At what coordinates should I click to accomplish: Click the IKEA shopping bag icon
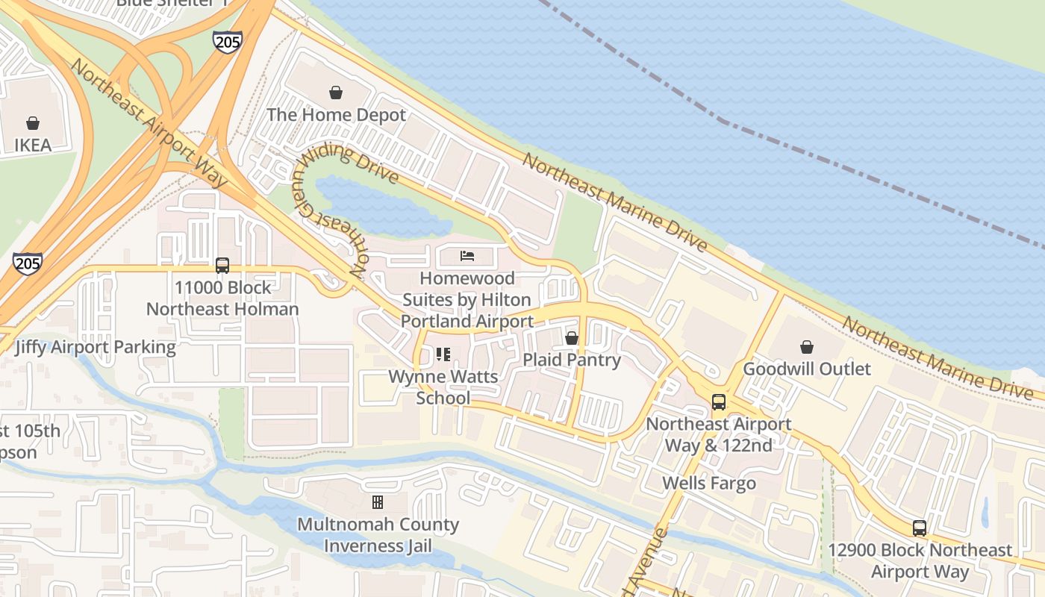click(33, 123)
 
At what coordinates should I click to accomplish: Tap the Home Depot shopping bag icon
click(336, 93)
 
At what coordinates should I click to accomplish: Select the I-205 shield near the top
click(227, 41)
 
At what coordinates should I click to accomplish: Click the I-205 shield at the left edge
click(27, 263)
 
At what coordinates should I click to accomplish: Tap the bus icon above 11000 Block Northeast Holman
click(222, 265)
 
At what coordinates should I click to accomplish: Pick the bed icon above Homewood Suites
click(467, 257)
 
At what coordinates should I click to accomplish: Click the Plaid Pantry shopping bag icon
click(572, 338)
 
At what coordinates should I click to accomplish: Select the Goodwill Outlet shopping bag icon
click(806, 347)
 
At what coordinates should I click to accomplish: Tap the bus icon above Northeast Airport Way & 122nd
click(718, 402)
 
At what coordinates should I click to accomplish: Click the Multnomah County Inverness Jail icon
click(378, 502)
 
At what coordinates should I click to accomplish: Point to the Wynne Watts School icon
click(443, 354)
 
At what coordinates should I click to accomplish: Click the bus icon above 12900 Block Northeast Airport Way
click(920, 528)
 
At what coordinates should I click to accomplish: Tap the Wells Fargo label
click(709, 484)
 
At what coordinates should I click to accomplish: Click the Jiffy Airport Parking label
click(95, 347)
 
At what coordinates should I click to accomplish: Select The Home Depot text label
click(336, 115)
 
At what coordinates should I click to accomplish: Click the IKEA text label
click(33, 145)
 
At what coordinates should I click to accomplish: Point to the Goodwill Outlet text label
click(806, 369)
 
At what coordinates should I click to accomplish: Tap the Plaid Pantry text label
click(572, 360)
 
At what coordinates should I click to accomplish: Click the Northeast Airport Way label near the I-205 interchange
click(149, 123)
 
